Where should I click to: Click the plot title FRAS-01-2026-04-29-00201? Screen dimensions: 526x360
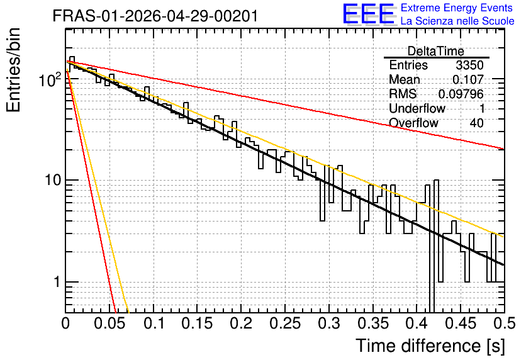click(155, 16)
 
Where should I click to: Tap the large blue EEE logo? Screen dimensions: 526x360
click(369, 14)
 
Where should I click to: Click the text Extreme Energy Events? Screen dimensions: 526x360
click(457, 8)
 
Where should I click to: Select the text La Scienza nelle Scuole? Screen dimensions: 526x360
click(457, 21)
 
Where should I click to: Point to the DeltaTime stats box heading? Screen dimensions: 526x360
click(436, 51)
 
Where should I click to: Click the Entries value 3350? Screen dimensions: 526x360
click(469, 65)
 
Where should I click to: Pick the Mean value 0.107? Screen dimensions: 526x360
click(468, 79)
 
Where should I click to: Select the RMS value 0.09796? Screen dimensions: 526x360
click(461, 94)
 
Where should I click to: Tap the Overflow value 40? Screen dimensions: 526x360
click(476, 123)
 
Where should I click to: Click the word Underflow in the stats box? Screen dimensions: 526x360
click(417, 108)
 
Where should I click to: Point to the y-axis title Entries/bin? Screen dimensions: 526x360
click(13, 70)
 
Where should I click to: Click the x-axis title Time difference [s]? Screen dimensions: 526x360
click(430, 346)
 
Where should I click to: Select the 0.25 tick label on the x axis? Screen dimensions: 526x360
click(285, 323)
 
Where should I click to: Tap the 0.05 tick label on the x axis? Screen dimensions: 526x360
click(109, 323)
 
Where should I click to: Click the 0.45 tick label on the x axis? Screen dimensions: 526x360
click(461, 323)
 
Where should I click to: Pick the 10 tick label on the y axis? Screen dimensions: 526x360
click(53, 181)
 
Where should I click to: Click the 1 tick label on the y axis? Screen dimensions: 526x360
click(57, 282)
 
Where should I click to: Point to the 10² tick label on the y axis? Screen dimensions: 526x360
click(50, 79)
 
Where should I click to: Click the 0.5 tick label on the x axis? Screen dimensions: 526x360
click(504, 323)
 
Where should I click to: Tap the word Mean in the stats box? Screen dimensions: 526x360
click(404, 79)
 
